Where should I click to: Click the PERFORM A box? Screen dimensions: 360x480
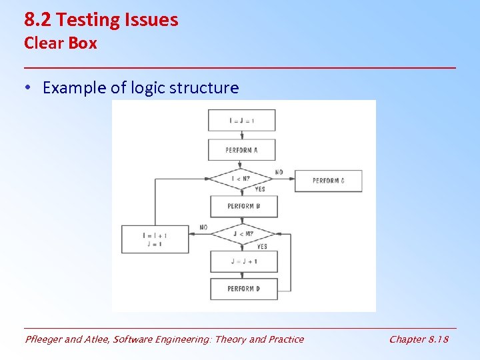pos(241,150)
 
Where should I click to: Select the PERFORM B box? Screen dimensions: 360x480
pos(243,206)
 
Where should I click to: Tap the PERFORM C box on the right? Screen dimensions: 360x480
pos(328,181)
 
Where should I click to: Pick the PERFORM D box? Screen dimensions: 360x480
pos(243,289)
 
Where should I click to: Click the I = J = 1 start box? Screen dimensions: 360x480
pos(241,121)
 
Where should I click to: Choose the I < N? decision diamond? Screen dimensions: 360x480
pos(241,178)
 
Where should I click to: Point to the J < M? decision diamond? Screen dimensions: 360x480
pos(243,233)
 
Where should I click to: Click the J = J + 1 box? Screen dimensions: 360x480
pos(243,261)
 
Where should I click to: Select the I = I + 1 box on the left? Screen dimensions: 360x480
pos(155,239)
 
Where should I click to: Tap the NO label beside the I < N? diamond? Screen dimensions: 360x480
pos(279,172)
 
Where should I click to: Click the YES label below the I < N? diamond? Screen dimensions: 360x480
pos(260,189)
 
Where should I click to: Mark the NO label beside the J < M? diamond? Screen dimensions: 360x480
pos(203,227)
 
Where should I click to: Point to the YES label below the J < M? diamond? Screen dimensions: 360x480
pos(261,246)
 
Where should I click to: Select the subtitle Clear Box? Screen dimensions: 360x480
pos(61,43)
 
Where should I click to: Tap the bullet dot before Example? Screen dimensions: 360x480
pos(29,88)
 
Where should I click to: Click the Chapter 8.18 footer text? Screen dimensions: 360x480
pos(419,339)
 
